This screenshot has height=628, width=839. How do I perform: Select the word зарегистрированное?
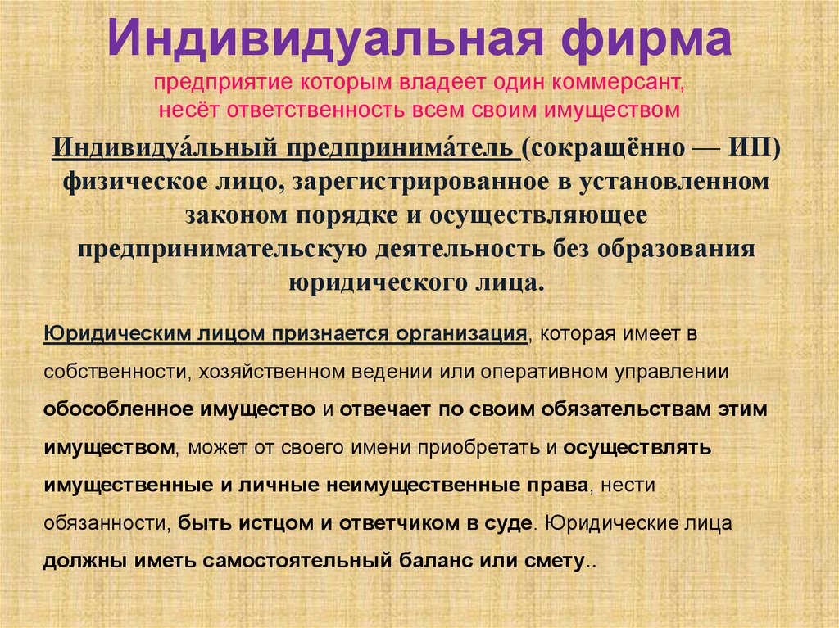click(448, 182)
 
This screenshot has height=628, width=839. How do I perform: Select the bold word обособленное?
click(126, 409)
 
